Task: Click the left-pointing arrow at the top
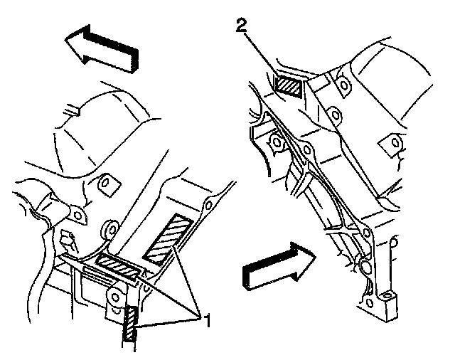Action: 100,48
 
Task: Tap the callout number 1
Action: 207,322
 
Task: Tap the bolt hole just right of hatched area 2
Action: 344,86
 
